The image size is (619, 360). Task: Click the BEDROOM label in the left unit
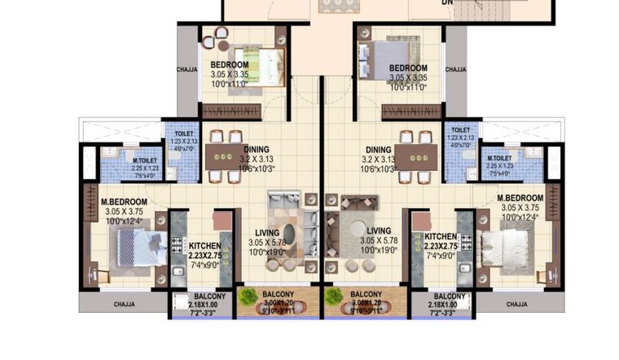[x=230, y=65]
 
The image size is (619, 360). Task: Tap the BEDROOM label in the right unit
[x=408, y=68]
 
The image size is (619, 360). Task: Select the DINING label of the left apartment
[x=256, y=149]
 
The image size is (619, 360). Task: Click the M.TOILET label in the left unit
[x=145, y=161]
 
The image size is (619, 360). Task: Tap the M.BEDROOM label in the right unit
[x=520, y=198]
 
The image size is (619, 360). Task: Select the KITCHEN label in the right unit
[x=441, y=237]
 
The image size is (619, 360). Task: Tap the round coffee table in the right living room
[x=355, y=224]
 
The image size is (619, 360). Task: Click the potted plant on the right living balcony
[x=332, y=296]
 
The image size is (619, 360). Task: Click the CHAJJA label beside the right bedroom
[x=457, y=70]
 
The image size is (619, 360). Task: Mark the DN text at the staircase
[x=447, y=3]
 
